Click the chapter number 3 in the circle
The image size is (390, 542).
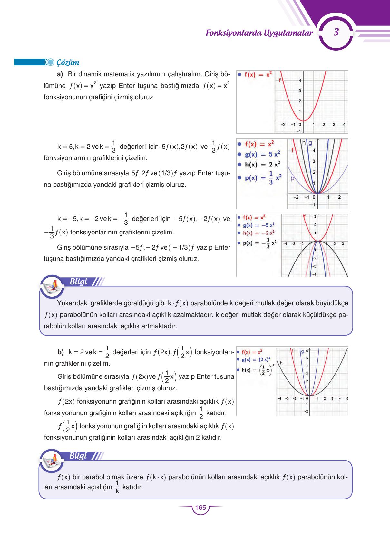pos(336,32)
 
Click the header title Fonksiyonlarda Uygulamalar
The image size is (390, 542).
pos(259,33)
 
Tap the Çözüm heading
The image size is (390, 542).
pos(68,62)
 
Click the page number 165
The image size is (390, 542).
pos(200,508)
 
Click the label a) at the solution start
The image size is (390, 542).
pos(60,74)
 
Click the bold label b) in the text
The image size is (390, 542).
pos(61,352)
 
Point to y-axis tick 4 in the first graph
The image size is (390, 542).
pos(300,81)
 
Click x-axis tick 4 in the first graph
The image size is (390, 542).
pos(344,124)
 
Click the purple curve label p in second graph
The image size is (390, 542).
pos(292,178)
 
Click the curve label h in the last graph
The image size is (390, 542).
pos(281,363)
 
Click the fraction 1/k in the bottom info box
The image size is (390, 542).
pos(117,487)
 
